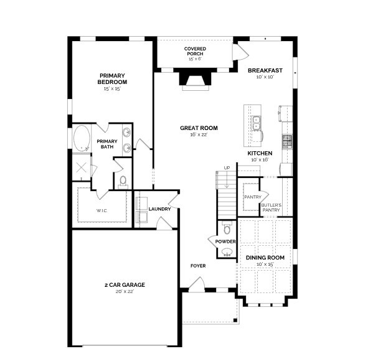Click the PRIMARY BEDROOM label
point(112,78)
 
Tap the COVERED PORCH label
point(195,50)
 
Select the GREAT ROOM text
point(199,128)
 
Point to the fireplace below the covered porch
point(195,80)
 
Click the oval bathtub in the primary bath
point(82,138)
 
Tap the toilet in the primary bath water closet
point(123,181)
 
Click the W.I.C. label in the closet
point(101,210)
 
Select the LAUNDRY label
point(159,208)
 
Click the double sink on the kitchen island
point(256,123)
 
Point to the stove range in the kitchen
point(287,142)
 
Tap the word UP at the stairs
point(227,168)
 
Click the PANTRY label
point(252,197)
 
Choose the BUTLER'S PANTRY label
point(271,207)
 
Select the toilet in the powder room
point(226,228)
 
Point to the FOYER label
point(198,266)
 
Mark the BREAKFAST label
point(265,70)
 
